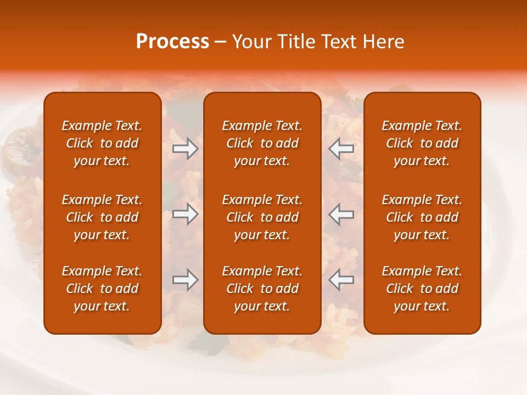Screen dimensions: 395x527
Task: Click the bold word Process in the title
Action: point(172,42)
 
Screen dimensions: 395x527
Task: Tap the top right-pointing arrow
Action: point(186,149)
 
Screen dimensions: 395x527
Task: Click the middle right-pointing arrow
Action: point(186,214)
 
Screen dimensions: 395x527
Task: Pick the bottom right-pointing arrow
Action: point(186,280)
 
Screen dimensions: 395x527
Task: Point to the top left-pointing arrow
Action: point(341,149)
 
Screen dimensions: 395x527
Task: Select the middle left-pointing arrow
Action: point(341,214)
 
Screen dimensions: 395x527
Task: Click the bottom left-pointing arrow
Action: point(341,280)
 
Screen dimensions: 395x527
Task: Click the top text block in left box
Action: point(102,143)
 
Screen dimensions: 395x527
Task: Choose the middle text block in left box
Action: point(102,217)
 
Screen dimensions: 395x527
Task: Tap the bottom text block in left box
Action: point(102,289)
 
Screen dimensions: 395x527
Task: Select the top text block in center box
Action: point(262,143)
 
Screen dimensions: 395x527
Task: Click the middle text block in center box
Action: point(262,217)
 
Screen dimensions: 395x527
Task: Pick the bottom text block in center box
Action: point(262,289)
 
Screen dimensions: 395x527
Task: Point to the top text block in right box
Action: point(422,143)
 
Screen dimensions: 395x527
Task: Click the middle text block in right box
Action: point(422,217)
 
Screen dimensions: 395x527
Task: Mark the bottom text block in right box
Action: point(422,289)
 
